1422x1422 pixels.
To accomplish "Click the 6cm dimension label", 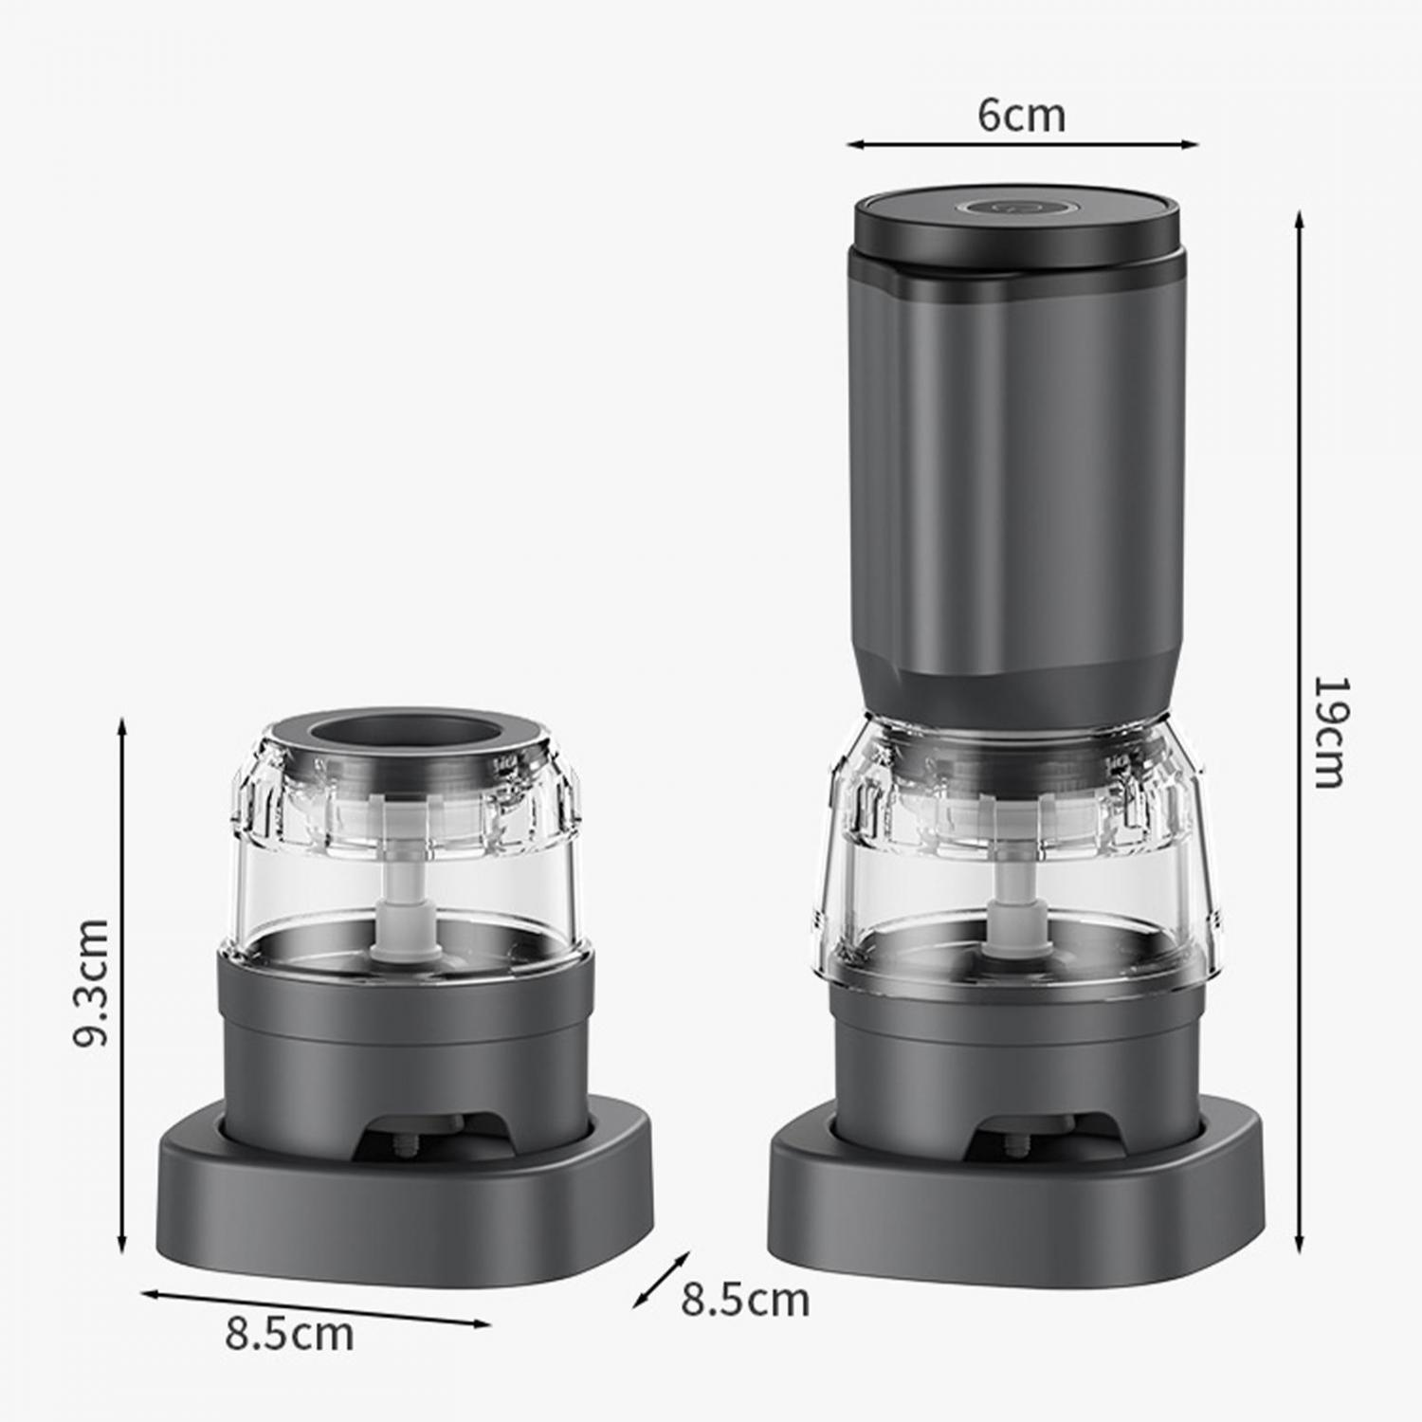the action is click(x=1022, y=115).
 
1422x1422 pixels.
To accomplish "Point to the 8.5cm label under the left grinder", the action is click(x=289, y=1334).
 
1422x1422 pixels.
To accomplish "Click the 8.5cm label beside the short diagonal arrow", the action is click(x=745, y=1300).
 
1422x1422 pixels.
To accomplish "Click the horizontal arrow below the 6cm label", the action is click(x=1023, y=145).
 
